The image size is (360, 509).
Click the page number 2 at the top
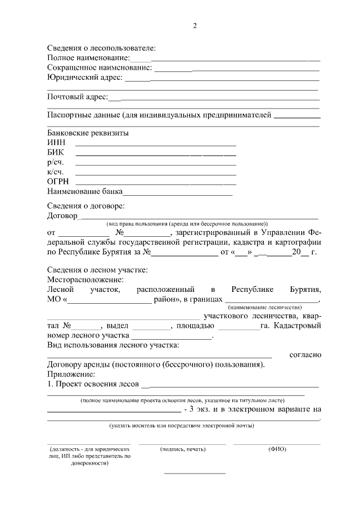[195, 26]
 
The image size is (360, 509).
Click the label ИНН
[56, 143]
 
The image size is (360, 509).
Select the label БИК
[56, 152]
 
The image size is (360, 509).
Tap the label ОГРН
[57, 182]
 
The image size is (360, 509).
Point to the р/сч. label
[55, 162]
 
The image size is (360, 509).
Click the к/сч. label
[55, 172]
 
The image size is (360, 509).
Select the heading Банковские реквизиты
[88, 133]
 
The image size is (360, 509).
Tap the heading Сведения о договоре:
[85, 206]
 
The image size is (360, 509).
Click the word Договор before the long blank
[62, 215]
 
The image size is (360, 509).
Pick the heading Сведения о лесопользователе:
[101, 48]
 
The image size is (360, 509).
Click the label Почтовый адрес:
[77, 97]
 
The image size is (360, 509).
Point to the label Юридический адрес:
[84, 77]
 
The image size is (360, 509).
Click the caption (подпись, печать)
[183, 449]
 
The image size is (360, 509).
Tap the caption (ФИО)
[277, 449]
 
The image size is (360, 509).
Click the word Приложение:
[71, 374]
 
